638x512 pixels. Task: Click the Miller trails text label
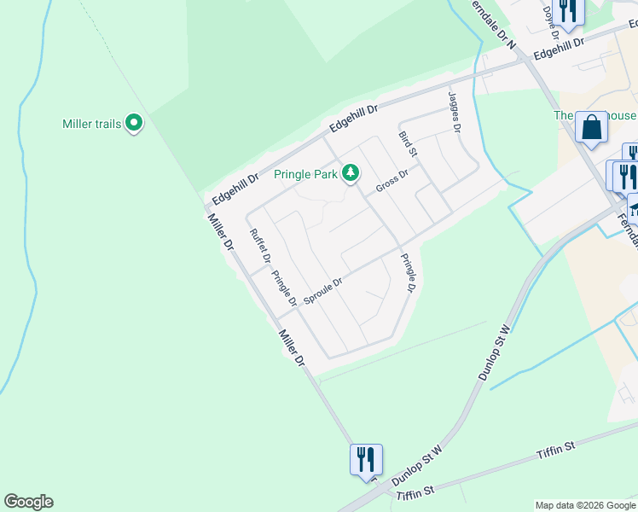[92, 124]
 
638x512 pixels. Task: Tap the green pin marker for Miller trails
[134, 124]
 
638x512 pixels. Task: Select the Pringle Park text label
[305, 174]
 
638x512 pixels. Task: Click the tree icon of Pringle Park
[350, 173]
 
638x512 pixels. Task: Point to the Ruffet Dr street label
[260, 246]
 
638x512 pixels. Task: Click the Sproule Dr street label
[322, 292]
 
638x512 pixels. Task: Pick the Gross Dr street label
[392, 180]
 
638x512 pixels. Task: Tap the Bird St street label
[408, 143]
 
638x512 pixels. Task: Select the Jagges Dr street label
[454, 113]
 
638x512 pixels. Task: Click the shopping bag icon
[591, 128]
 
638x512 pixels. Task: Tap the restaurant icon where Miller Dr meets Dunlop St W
[366, 458]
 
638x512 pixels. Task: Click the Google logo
[28, 502]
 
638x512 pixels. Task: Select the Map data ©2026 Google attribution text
[585, 505]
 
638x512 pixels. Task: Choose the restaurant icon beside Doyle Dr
[567, 10]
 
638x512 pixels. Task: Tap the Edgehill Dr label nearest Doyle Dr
[559, 47]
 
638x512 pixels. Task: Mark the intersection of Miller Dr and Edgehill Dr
[207, 207]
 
